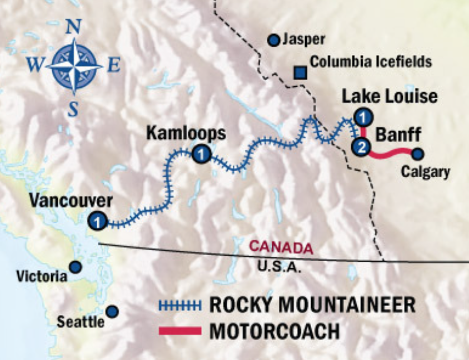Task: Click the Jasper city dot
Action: click(x=273, y=40)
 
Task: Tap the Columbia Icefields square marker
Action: click(x=300, y=72)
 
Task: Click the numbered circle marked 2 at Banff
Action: click(x=361, y=147)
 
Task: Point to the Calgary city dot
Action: click(x=417, y=154)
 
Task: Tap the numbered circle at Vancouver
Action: click(x=97, y=221)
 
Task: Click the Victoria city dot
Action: click(x=76, y=267)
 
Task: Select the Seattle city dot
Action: click(x=112, y=311)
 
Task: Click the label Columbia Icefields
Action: click(x=371, y=61)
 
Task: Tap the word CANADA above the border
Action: click(x=281, y=247)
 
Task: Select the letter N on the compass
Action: click(x=74, y=27)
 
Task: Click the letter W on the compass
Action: click(x=35, y=66)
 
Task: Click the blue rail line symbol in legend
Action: click(x=179, y=304)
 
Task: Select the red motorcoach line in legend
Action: click(x=179, y=331)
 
